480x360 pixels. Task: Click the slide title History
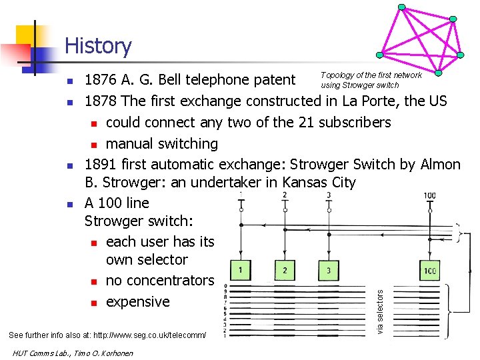98,46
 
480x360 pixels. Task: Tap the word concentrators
160,281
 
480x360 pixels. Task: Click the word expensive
138,302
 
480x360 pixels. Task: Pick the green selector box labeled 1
241,270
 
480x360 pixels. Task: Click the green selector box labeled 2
285,270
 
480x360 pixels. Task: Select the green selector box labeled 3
328,270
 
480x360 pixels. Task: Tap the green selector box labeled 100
429,270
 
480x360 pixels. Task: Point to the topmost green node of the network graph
401,7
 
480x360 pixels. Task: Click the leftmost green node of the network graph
379,55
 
